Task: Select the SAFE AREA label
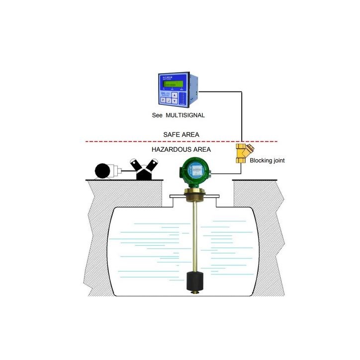pos(181,134)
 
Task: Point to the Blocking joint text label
pos(267,161)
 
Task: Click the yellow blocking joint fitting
pos(244,155)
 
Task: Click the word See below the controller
pos(158,115)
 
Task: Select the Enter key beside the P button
pos(169,100)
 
